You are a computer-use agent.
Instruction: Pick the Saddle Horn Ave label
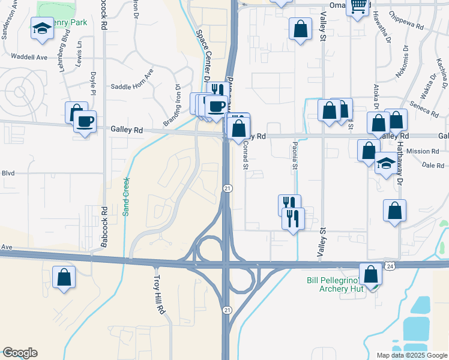(x=132, y=86)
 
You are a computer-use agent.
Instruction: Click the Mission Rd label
(x=427, y=151)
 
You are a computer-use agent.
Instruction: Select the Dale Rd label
(x=432, y=165)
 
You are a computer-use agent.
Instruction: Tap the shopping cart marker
(x=358, y=6)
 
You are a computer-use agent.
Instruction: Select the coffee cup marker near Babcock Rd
(x=85, y=122)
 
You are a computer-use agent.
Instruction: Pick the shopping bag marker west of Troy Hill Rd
(x=64, y=278)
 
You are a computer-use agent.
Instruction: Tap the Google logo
(x=20, y=353)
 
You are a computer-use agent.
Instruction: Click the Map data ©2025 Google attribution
(x=411, y=355)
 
